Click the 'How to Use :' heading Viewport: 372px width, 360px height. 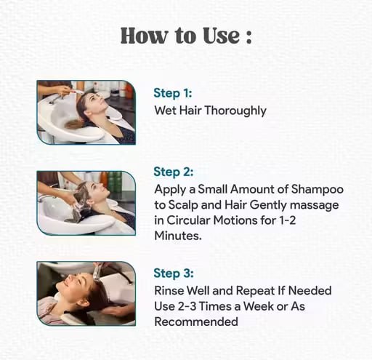(186, 36)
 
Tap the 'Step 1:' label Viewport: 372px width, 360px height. (173, 93)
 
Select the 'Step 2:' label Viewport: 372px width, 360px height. (174, 172)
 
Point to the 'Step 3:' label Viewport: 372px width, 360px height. (174, 273)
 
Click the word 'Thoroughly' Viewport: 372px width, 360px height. (235, 111)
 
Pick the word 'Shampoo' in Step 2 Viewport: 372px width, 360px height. (318, 190)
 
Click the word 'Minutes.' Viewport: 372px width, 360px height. (178, 236)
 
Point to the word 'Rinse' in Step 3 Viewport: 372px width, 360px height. (169, 291)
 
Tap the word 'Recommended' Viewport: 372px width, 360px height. (196, 321)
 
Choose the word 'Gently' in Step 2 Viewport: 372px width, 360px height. (268, 206)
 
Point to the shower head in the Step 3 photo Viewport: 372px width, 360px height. (97, 273)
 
